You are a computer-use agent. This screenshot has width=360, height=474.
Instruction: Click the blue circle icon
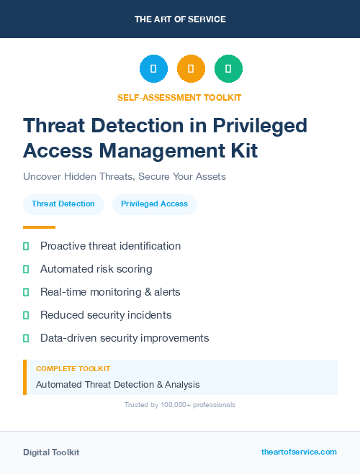tap(153, 69)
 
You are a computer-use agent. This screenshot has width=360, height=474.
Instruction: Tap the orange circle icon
tap(191, 69)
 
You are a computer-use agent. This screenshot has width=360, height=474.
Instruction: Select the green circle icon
tap(228, 69)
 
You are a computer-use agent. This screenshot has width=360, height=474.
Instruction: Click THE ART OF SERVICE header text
tap(180, 19)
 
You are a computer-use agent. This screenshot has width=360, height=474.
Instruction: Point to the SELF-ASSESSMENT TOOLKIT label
tap(179, 97)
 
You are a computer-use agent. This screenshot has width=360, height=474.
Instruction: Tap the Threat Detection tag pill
tap(63, 204)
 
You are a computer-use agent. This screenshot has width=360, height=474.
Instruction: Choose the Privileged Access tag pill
tap(154, 204)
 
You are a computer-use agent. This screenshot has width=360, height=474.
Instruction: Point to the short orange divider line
tap(39, 227)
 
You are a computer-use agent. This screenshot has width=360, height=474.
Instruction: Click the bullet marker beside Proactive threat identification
tap(26, 246)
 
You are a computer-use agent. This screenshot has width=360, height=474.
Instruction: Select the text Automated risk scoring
tap(96, 269)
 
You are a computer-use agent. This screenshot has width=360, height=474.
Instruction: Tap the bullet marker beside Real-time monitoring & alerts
tap(26, 292)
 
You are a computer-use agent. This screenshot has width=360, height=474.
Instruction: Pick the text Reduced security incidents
tap(106, 315)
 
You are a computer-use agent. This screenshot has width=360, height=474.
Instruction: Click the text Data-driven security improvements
tap(125, 338)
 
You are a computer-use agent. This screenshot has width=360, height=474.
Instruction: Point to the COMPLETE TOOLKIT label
tap(73, 368)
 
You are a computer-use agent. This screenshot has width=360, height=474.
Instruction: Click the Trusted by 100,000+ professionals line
tap(180, 405)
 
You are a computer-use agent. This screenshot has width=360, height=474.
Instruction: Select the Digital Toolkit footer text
tap(51, 452)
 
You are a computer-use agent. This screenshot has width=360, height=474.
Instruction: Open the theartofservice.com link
tap(299, 452)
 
